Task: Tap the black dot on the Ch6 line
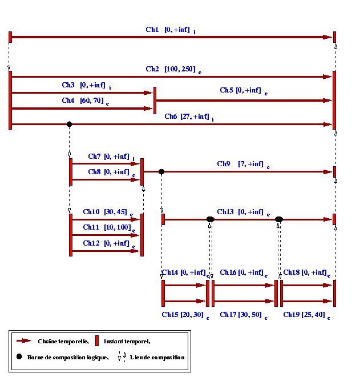69,124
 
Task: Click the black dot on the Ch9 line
161,172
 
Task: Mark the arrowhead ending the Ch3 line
148,93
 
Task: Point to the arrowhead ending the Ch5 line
327,101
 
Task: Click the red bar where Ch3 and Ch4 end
155,101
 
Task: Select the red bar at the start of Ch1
10,37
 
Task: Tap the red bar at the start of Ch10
71,235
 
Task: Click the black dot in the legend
19,356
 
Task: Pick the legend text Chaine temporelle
63,342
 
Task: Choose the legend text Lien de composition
157,358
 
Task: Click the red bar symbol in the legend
97,340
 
